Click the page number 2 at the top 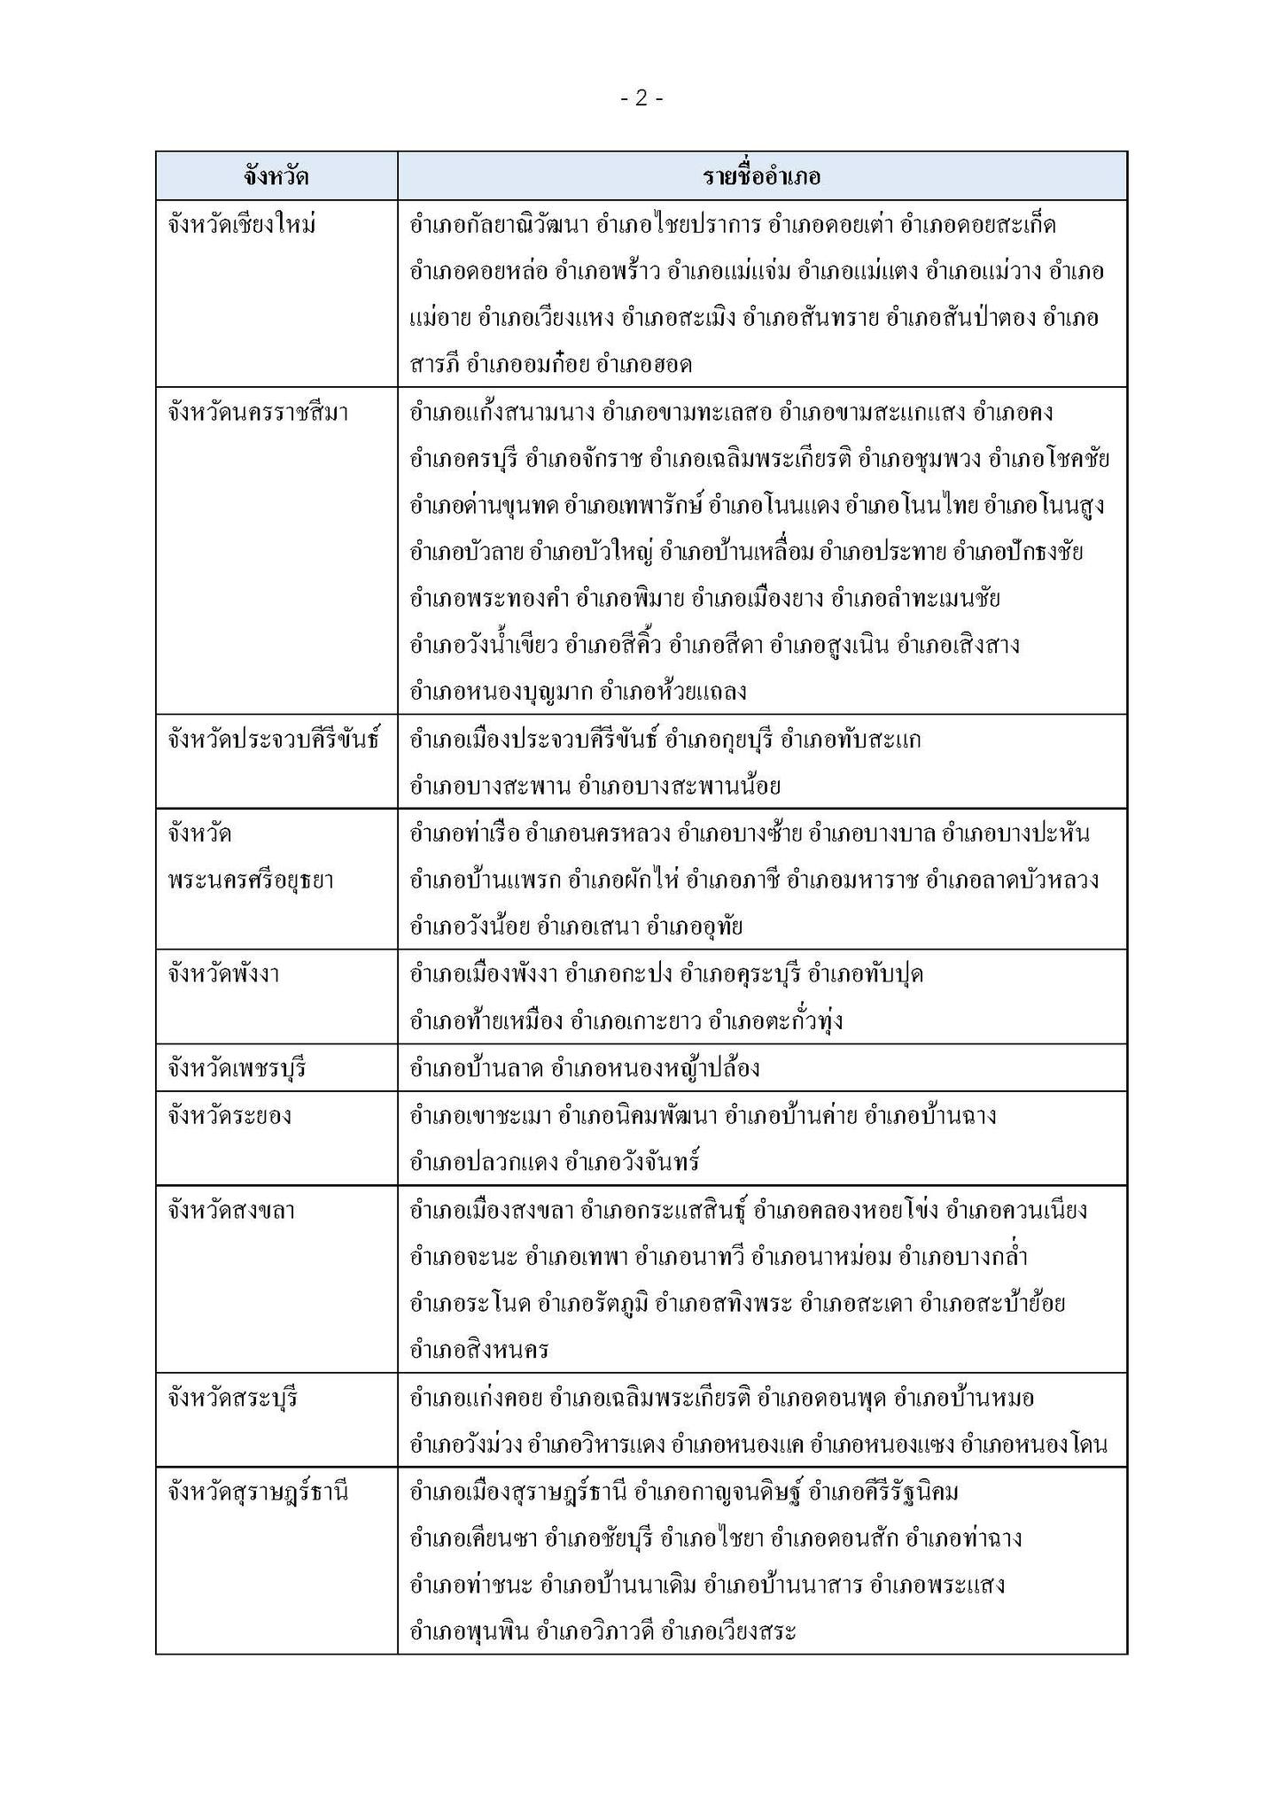tap(641, 98)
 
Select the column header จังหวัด tap(276, 176)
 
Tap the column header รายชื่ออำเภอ tap(762, 176)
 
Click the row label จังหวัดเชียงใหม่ tap(241, 225)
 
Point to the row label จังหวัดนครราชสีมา tap(257, 413)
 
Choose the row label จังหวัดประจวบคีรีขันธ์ tap(273, 739)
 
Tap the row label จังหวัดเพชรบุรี tap(236, 1068)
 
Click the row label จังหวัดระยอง tap(229, 1115)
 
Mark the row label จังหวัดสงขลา tap(231, 1210)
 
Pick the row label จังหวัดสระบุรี tap(232, 1398)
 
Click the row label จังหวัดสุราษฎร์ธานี tap(258, 1492)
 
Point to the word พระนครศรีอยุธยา tap(250, 880)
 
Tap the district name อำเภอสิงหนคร tap(478, 1350)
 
